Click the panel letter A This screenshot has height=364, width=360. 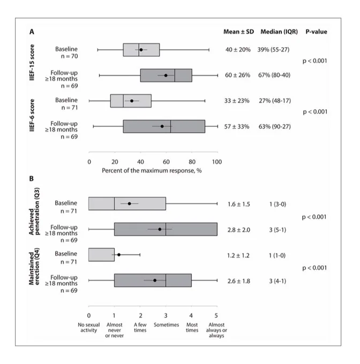(32, 32)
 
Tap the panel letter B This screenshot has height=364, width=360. (32, 178)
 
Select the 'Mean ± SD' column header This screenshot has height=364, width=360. (238, 32)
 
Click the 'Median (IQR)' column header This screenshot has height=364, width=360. (279, 32)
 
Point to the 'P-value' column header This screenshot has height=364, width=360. (316, 32)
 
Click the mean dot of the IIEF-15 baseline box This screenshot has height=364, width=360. (141, 50)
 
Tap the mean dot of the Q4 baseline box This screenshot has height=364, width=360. (119, 255)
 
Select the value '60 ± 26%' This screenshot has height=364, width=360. (238, 75)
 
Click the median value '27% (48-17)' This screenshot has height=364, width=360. (275, 101)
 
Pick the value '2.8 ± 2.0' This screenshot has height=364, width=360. (239, 230)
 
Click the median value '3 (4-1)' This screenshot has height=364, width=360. (277, 281)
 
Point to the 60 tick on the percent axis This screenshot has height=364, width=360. (166, 162)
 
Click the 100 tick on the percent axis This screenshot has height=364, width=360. (217, 162)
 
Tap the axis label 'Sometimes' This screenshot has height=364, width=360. (166, 324)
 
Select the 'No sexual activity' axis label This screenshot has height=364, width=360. (89, 327)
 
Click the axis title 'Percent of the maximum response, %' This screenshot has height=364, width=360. (152, 171)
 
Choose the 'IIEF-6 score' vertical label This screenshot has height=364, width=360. (32, 115)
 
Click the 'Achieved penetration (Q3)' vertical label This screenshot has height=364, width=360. (34, 211)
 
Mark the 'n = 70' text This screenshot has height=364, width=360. (70, 56)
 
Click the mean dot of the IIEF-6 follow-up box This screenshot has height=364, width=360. (162, 126)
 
